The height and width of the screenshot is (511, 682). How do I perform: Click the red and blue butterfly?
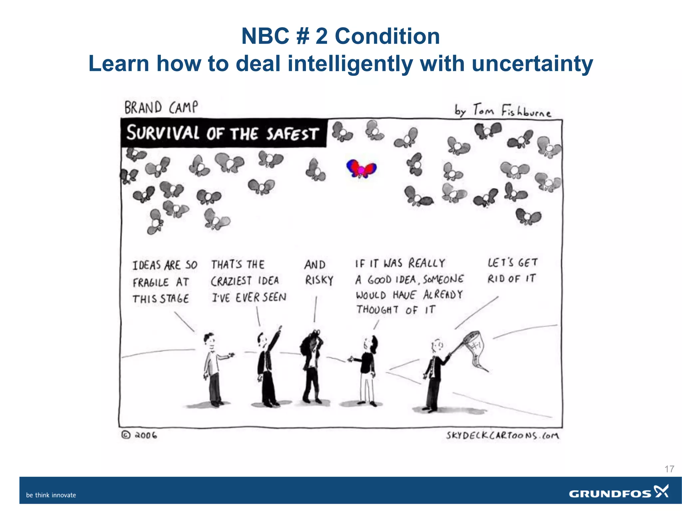point(361,168)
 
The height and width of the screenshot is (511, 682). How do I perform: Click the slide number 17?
point(669,469)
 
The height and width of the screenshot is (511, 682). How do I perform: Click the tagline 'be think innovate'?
point(51,495)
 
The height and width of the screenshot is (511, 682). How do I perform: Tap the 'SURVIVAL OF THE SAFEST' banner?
point(223,133)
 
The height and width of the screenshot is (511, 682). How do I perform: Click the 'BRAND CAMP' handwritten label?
point(161,108)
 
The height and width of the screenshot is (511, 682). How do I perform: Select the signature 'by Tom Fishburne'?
point(503,110)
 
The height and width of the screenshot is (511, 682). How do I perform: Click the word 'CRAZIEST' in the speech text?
point(231,281)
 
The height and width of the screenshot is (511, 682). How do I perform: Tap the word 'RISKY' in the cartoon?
point(319,280)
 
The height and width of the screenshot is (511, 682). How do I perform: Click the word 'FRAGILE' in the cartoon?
point(151,282)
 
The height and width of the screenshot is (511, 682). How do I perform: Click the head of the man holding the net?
point(437,346)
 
